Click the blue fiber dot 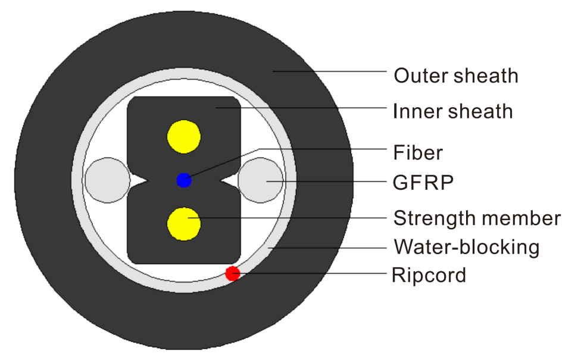[184, 180]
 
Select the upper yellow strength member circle [184, 137]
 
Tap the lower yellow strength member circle [184, 224]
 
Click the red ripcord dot [233, 274]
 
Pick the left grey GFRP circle [108, 180]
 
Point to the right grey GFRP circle [261, 180]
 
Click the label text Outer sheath [456, 76]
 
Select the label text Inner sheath [453, 111]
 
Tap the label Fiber [418, 152]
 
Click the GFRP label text [423, 182]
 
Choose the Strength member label [477, 218]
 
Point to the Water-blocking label [467, 247]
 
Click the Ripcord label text [429, 275]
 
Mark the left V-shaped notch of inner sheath [139, 181]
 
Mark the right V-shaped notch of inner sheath [230, 181]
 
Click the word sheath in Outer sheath [486, 76]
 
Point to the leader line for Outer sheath [330, 71]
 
